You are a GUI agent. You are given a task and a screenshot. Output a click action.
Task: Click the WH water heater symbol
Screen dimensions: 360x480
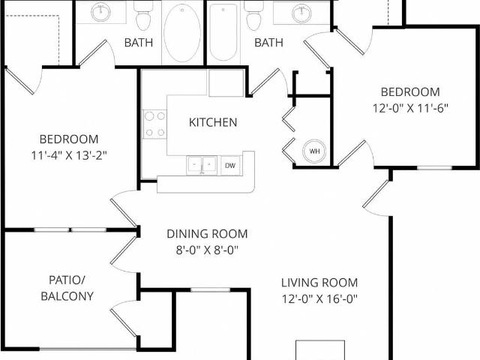[x=314, y=151]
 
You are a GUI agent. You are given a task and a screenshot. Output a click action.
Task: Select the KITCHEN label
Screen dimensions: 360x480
[x=213, y=122]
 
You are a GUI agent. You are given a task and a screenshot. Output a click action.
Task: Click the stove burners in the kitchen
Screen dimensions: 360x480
[x=154, y=124]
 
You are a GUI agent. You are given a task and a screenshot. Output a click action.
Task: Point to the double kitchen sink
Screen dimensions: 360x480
[x=201, y=165]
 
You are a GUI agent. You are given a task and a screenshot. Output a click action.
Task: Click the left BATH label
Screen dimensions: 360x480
[x=138, y=43]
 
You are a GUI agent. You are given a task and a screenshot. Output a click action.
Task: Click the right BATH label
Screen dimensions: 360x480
[x=268, y=43]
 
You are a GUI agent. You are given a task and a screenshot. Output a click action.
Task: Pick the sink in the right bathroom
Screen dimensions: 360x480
[x=301, y=12]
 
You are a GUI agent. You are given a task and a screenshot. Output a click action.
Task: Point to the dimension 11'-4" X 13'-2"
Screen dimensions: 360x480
[x=69, y=155]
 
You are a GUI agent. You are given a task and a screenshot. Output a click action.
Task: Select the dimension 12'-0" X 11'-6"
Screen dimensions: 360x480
[x=410, y=107]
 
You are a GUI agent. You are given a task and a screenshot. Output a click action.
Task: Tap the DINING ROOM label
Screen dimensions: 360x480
[x=207, y=234]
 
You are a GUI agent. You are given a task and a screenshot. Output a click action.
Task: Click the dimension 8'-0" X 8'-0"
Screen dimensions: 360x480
[x=207, y=250]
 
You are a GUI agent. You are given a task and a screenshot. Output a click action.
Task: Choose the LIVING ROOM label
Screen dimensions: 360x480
[x=319, y=283]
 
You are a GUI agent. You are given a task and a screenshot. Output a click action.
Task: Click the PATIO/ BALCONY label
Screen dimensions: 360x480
[x=67, y=288]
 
